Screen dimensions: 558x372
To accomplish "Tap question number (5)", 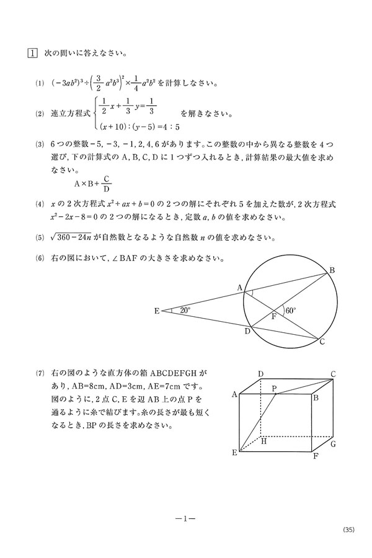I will click(x=39, y=236).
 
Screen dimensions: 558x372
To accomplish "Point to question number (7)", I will click(x=39, y=374).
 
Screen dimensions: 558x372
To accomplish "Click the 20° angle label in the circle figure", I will click(x=184, y=310).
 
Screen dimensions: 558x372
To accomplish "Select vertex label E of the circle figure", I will click(x=157, y=311).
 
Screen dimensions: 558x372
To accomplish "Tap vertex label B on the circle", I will click(x=332, y=270).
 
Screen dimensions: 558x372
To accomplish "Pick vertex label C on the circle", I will click(x=322, y=342).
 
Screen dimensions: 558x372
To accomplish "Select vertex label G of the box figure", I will click(x=333, y=444).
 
